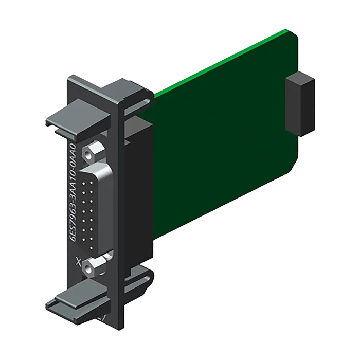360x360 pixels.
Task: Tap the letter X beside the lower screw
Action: click(79, 261)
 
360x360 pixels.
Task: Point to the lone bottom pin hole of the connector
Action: click(92, 248)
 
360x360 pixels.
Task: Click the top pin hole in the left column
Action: click(83, 184)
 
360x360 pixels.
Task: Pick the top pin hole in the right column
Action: click(92, 183)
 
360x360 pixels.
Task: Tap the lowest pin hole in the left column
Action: click(83, 240)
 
